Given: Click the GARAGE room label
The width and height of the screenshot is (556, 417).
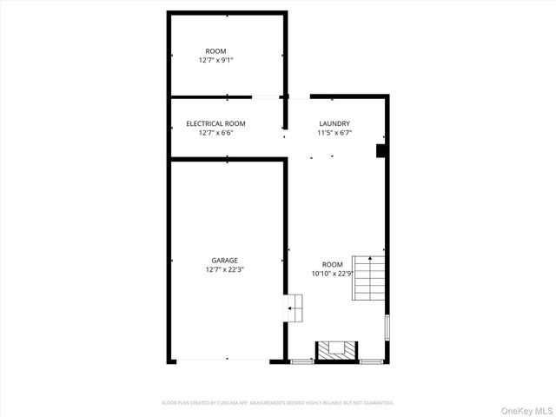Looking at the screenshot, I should [224, 260].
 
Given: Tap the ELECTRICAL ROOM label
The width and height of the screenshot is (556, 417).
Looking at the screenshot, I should [215, 123].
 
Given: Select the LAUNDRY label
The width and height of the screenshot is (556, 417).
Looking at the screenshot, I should [334, 123].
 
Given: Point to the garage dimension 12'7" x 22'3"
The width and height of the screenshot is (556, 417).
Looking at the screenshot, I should [224, 269].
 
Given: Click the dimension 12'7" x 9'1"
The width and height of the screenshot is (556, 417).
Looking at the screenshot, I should [215, 61].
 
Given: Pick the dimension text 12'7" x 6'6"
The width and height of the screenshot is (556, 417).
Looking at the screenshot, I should [215, 133].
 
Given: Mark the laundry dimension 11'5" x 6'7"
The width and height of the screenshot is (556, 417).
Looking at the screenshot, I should [334, 133].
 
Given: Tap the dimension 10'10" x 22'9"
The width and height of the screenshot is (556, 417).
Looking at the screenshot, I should [333, 274].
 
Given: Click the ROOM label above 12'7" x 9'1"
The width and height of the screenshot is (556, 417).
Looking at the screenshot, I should [215, 51].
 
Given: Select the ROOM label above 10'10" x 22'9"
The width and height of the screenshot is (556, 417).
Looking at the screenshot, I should [332, 264].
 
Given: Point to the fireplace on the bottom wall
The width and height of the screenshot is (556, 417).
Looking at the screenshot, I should [335, 350].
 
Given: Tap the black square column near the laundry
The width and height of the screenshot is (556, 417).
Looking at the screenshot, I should [381, 151].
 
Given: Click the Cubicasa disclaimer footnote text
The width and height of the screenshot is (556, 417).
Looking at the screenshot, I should [278, 403].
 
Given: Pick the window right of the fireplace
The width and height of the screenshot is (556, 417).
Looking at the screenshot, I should [371, 361].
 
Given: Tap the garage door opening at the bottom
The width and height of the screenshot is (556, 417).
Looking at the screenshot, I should [228, 360].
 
